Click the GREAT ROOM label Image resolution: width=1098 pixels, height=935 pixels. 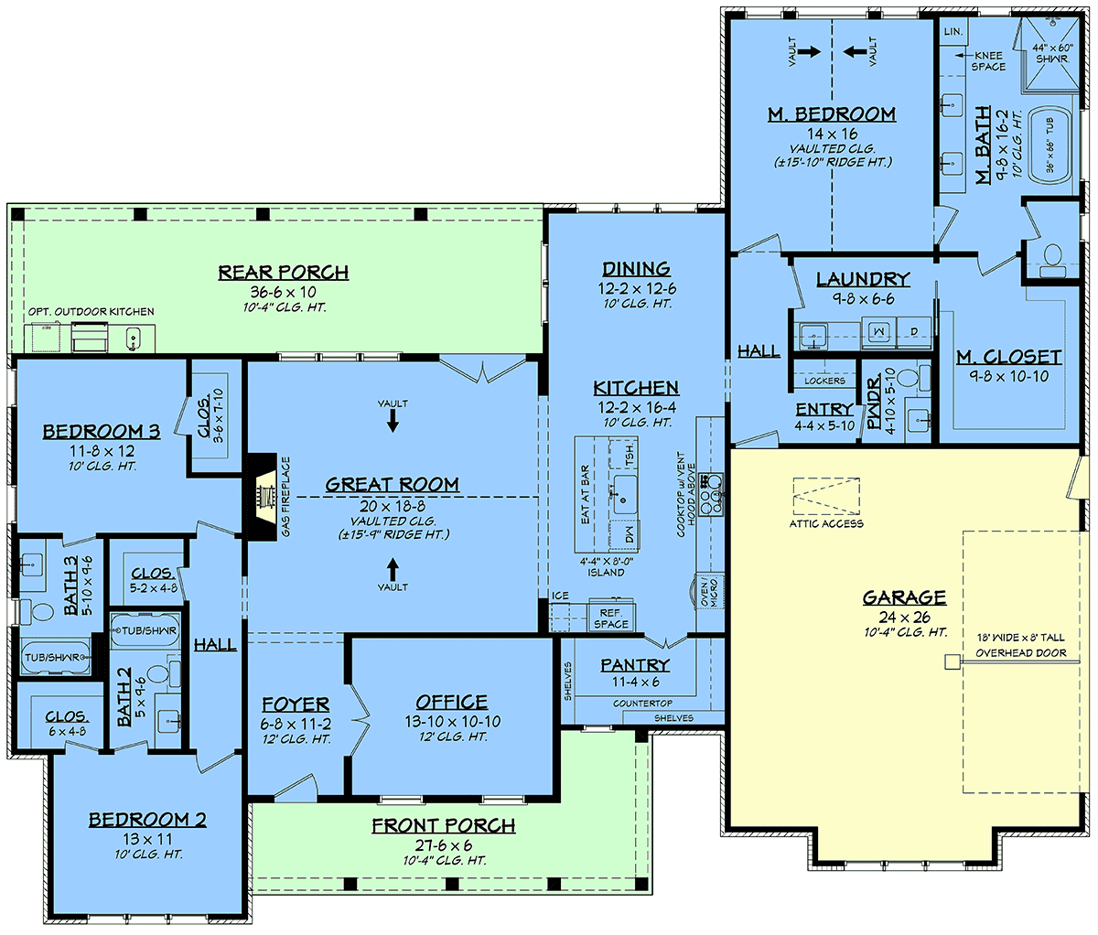tap(392, 485)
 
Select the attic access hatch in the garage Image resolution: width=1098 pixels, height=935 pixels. tap(826, 496)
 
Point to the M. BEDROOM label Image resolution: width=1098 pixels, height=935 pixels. tap(832, 114)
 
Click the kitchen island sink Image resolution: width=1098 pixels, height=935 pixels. tap(625, 495)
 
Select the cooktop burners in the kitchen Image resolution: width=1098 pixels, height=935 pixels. tap(711, 495)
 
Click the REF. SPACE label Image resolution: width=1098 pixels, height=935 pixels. tap(611, 618)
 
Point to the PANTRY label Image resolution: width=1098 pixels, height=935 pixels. tap(635, 665)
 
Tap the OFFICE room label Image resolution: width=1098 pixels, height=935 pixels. tap(451, 702)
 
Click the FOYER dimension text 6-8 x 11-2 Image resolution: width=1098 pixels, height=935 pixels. tap(296, 724)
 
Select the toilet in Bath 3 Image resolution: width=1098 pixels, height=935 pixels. tap(38, 611)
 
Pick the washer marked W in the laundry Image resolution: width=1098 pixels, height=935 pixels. tap(878, 332)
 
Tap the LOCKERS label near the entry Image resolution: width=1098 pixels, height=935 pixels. tap(824, 381)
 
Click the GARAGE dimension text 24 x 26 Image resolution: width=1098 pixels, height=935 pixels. tap(904, 618)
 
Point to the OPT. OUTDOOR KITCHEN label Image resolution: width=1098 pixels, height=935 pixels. tap(91, 312)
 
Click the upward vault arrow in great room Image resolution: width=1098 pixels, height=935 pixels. tap(393, 569)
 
